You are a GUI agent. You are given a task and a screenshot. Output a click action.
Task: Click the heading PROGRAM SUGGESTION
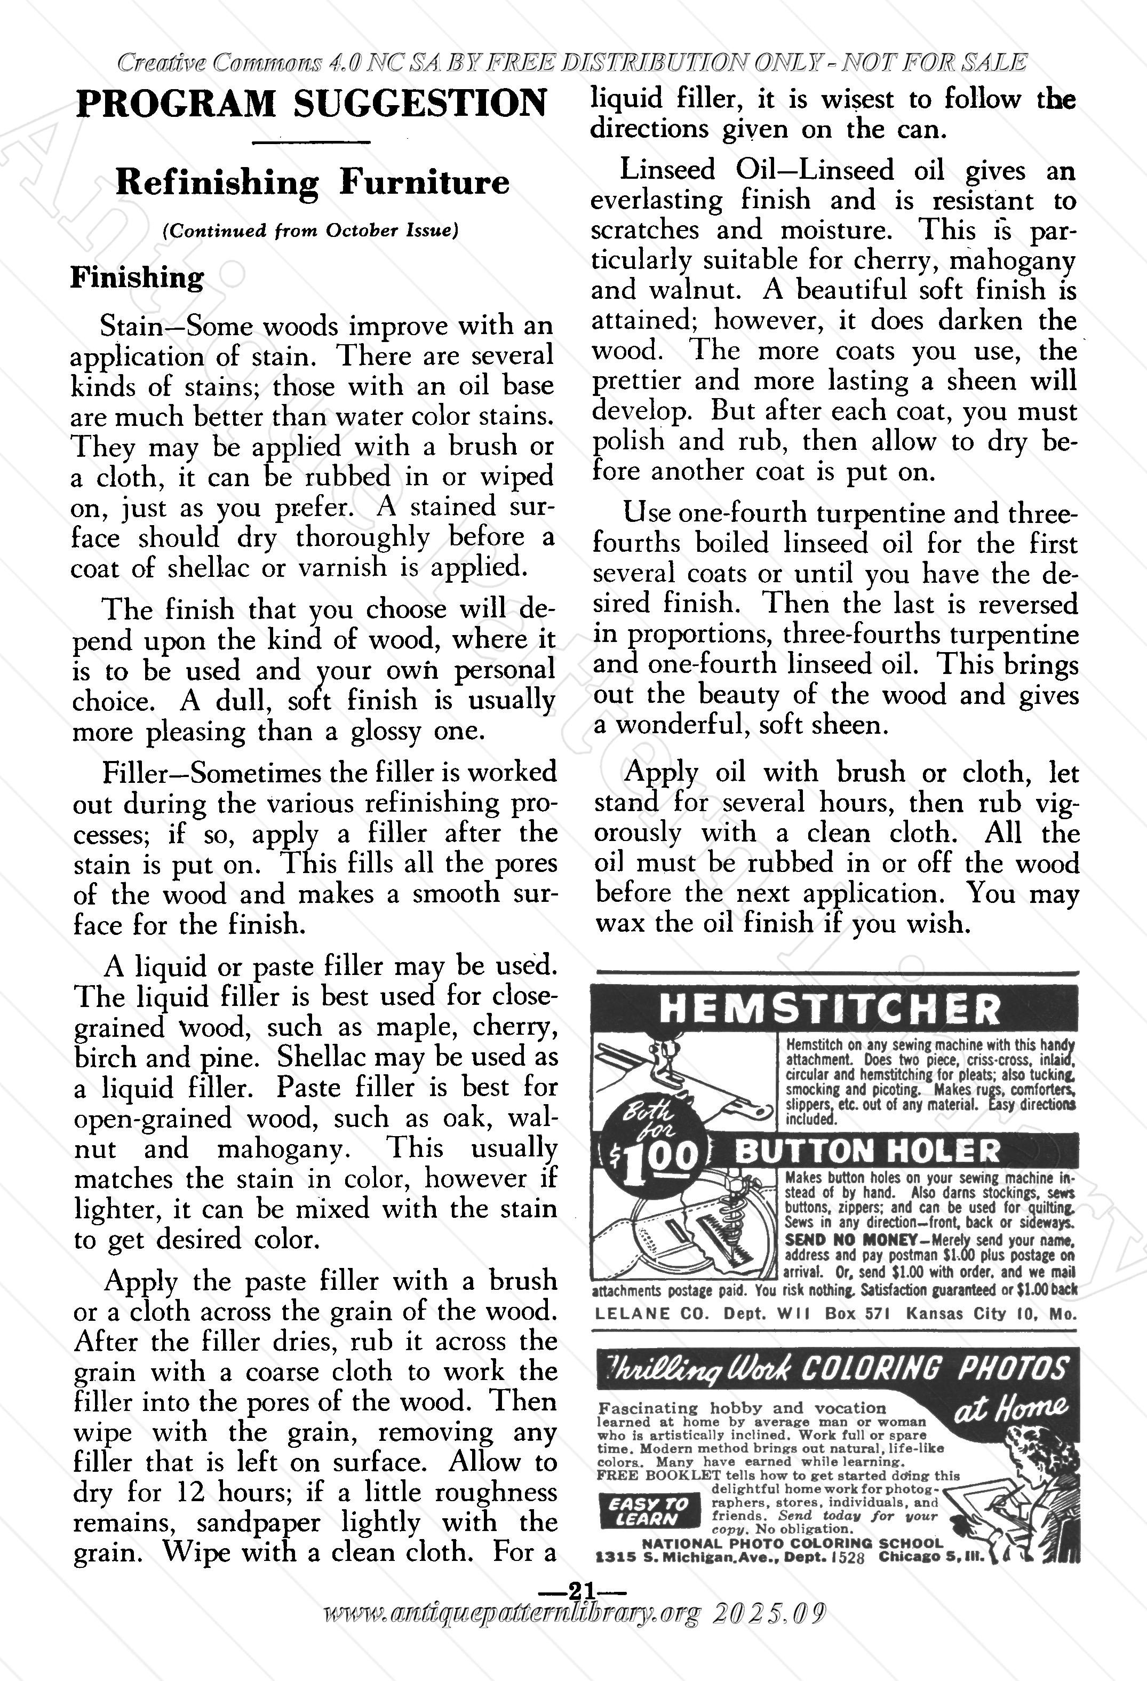(312, 104)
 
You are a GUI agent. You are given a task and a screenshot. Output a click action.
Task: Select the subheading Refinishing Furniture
(313, 183)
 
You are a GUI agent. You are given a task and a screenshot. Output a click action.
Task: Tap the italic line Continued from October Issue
(311, 231)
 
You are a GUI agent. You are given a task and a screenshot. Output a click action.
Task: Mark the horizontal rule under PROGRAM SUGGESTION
(313, 142)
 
